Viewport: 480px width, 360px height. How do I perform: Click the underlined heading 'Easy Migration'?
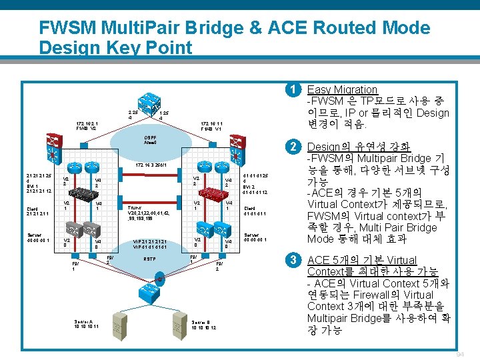click(x=342, y=89)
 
